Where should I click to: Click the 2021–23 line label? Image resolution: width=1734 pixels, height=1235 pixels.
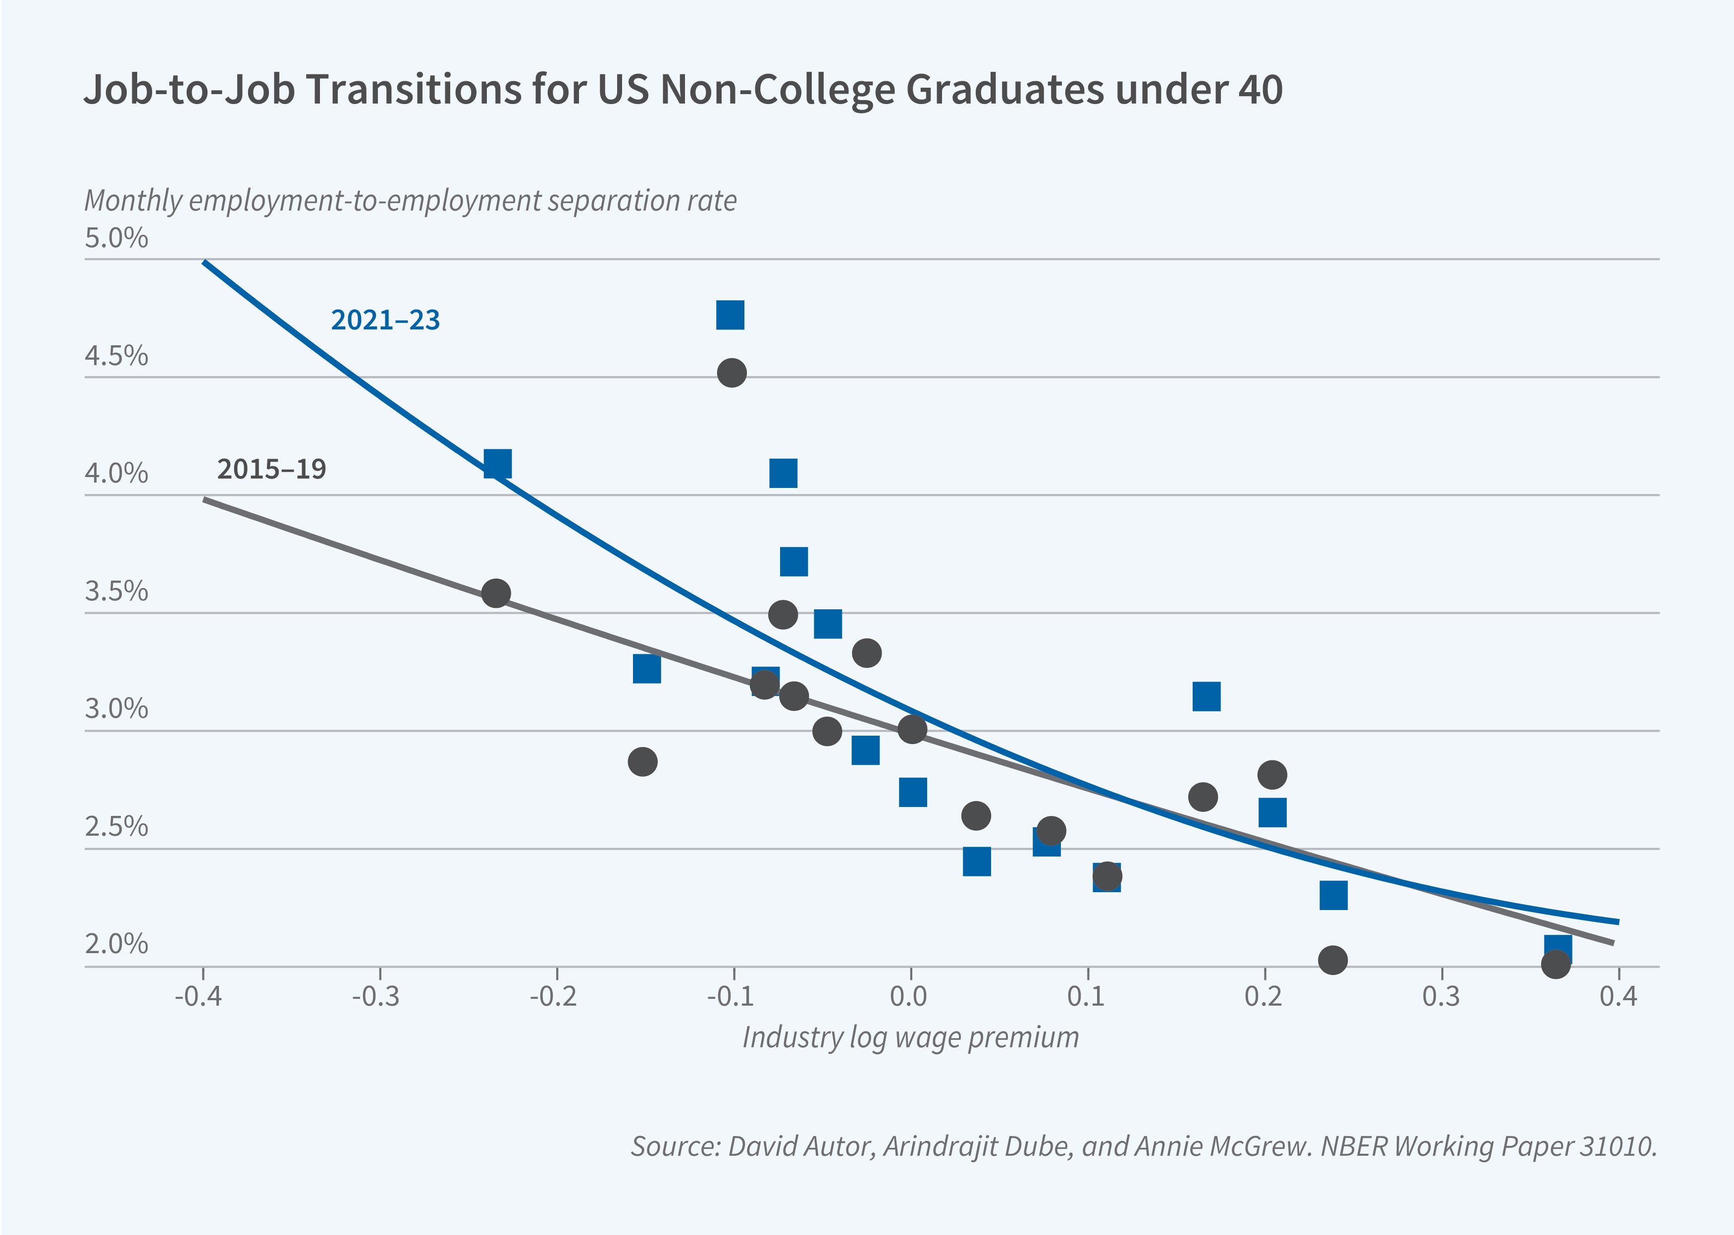click(x=385, y=320)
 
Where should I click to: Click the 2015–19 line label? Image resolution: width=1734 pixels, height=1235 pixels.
click(x=271, y=469)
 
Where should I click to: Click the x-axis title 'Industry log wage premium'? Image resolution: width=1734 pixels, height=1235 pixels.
click(x=910, y=1037)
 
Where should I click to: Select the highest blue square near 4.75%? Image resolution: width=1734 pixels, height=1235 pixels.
click(x=730, y=315)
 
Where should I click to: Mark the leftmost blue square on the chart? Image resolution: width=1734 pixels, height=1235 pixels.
click(x=497, y=463)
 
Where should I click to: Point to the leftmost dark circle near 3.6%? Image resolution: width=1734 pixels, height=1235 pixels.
click(x=496, y=593)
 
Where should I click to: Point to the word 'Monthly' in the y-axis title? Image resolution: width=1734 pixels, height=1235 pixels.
click(x=134, y=201)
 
